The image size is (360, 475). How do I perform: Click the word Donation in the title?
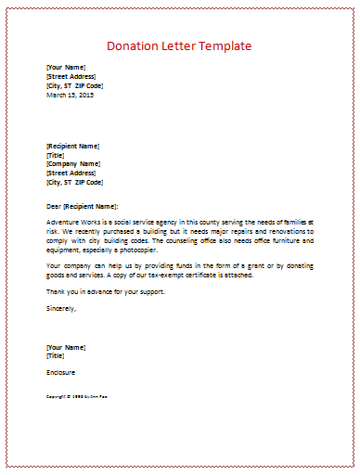coord(135,45)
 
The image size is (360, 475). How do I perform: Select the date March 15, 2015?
coord(70,94)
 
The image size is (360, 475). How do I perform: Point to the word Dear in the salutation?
coord(54,205)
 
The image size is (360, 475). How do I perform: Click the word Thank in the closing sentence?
coord(57,291)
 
